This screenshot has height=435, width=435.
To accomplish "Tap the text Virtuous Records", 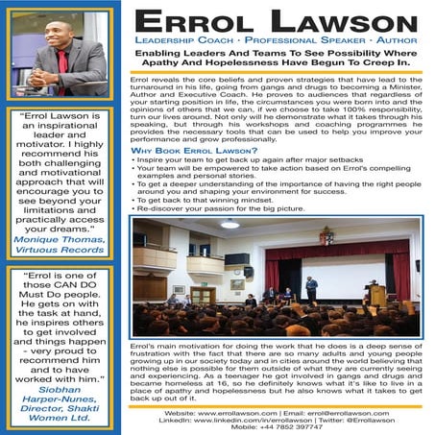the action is click(x=61, y=250).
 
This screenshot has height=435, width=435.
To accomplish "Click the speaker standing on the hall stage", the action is click(x=310, y=287).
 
